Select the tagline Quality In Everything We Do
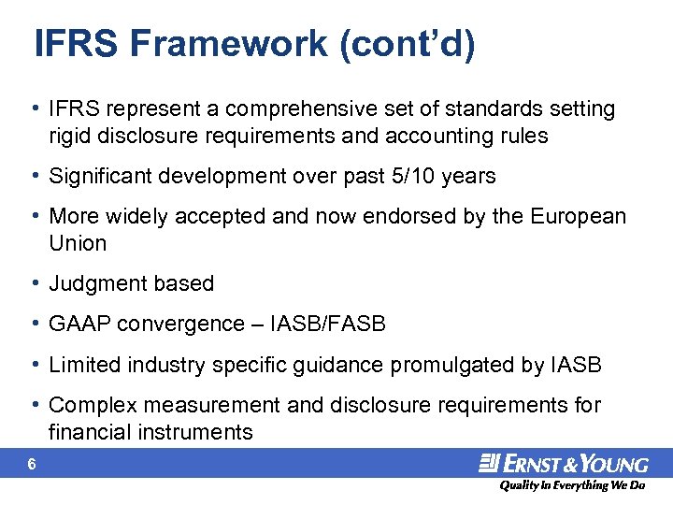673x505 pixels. [572, 486]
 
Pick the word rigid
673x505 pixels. [70, 136]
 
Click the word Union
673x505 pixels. [78, 243]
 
